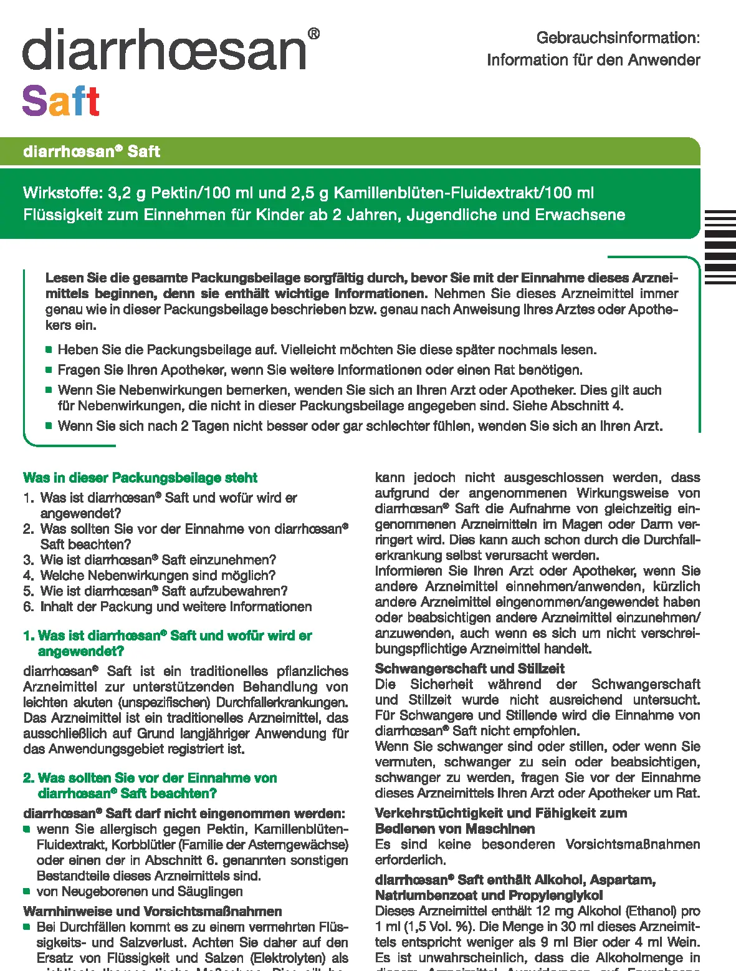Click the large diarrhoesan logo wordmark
click(x=165, y=49)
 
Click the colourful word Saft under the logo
click(x=61, y=101)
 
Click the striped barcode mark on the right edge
click(x=720, y=247)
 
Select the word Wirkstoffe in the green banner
click(x=62, y=193)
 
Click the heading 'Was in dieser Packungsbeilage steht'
click(x=140, y=478)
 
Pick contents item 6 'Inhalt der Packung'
click(x=168, y=606)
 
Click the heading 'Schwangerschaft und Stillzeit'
click(x=470, y=669)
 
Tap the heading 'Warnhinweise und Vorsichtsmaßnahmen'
click(x=153, y=911)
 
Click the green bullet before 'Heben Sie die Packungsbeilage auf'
click(x=49, y=349)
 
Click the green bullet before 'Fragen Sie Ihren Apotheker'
click(x=49, y=370)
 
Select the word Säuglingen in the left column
click(x=211, y=892)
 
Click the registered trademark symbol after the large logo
click(x=314, y=34)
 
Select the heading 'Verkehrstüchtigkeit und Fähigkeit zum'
click(x=501, y=813)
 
